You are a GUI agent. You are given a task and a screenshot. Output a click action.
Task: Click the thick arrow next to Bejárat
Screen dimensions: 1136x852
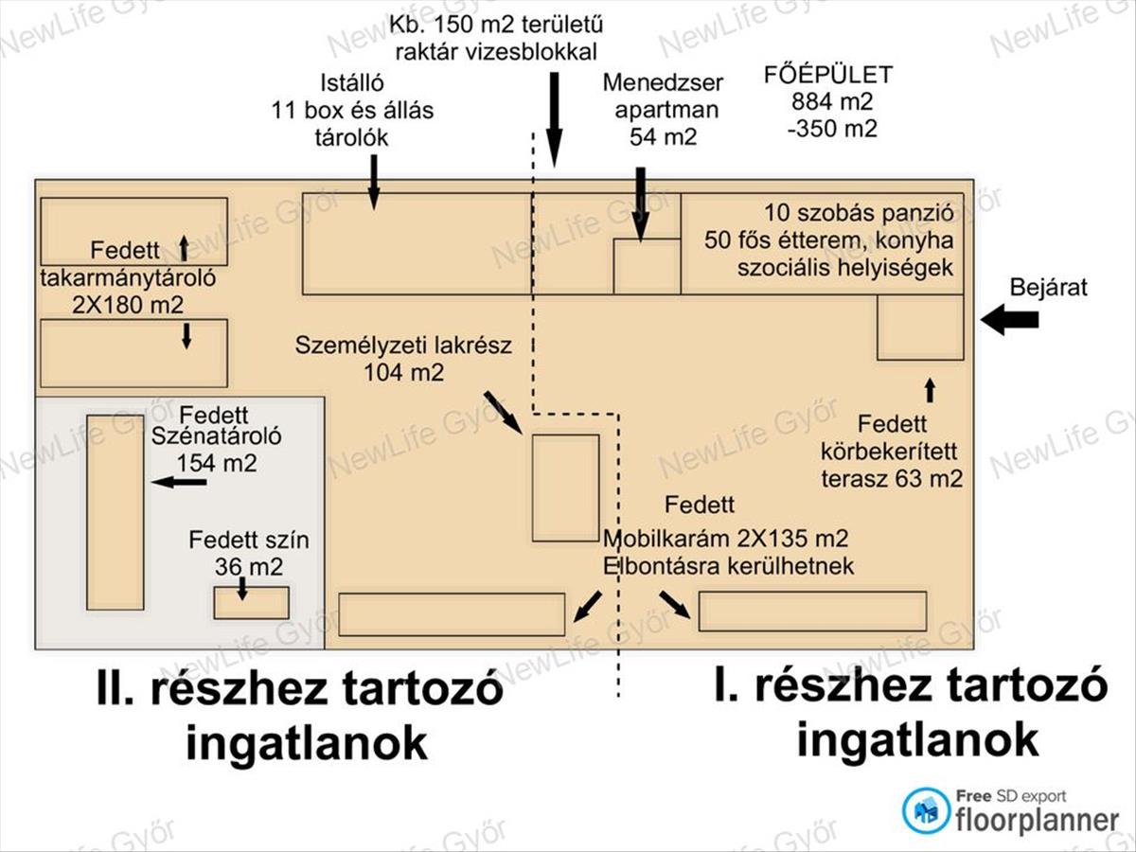coord(1009,320)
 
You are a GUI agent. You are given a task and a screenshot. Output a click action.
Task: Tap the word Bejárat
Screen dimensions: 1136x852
coord(1049,287)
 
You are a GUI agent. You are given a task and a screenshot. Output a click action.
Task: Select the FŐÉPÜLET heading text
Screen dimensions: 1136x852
coord(828,75)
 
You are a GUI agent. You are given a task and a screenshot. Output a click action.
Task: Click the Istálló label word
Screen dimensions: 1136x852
coord(352,83)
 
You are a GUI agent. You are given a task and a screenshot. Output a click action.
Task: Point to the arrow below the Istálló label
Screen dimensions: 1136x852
coord(374,182)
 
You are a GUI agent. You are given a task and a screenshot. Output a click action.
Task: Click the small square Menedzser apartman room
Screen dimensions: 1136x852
coord(647,266)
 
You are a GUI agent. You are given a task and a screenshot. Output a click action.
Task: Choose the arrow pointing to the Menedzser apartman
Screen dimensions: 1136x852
coord(641,204)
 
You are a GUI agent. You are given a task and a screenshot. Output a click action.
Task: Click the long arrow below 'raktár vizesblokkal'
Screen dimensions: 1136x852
coord(554,120)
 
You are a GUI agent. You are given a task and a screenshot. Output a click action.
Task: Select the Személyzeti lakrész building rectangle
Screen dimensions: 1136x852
coord(566,488)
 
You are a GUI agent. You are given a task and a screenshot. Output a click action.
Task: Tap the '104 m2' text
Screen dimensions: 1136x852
coord(403,372)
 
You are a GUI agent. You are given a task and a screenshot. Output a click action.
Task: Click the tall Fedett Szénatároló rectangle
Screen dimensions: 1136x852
coord(115,512)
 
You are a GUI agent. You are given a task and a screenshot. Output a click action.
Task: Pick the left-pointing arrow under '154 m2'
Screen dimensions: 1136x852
coord(179,483)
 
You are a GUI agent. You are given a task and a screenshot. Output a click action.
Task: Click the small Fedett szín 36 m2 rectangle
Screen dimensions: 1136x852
coord(252,603)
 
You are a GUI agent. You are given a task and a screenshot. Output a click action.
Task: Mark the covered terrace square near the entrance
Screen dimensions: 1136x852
coord(920,328)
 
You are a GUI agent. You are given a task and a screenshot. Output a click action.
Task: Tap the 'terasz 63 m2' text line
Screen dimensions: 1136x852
coord(892,478)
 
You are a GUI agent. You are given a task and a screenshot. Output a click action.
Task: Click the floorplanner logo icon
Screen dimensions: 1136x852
coord(927,810)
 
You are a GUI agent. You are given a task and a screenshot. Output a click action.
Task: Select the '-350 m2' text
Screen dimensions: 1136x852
coord(832,129)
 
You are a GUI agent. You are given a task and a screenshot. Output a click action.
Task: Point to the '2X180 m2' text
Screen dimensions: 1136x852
coord(127,305)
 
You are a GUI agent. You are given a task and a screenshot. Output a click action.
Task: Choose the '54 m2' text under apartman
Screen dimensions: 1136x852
coord(664,137)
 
